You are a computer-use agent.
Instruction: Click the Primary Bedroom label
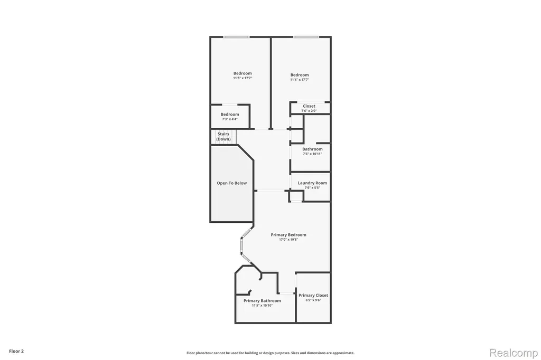[288, 235]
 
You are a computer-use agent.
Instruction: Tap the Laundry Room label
[312, 183]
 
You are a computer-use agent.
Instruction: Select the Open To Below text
[232, 183]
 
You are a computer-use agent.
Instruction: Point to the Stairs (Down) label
[223, 137]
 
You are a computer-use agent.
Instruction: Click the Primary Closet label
[313, 295]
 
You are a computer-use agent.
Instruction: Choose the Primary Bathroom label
[262, 301]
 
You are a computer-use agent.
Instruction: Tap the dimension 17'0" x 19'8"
[288, 240]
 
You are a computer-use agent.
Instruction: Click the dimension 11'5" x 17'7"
[242, 78]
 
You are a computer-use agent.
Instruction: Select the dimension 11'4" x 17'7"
[300, 80]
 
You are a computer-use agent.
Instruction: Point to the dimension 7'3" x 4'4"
[230, 119]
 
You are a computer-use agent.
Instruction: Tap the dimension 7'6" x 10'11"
[312, 154]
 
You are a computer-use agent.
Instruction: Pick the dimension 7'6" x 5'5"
[312, 188]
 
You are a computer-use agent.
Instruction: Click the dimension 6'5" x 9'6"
[313, 300]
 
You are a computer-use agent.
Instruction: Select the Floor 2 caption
[16, 352]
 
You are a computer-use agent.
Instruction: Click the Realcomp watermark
[514, 353]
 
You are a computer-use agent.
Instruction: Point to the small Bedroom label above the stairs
[230, 115]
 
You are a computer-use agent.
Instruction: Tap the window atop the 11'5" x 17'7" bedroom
[236, 37]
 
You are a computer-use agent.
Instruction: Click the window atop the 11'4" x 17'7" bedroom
[306, 37]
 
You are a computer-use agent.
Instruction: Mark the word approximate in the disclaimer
[344, 353]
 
